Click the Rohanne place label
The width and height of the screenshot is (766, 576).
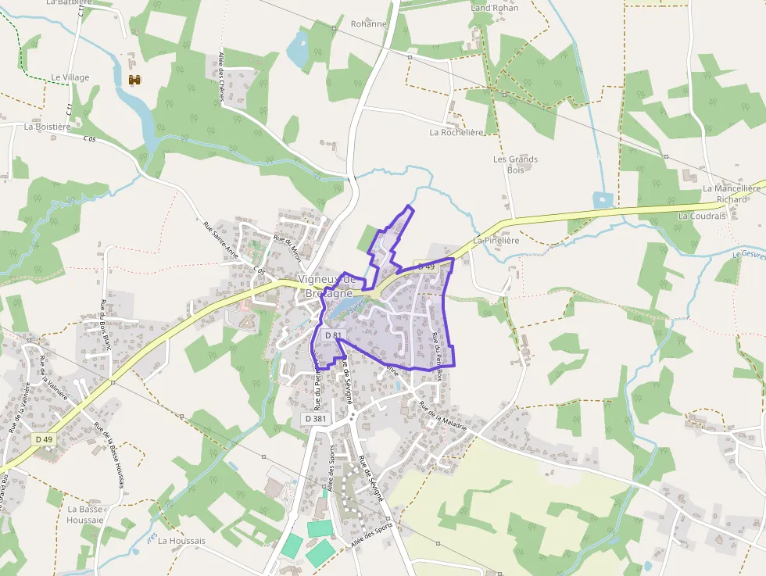368,23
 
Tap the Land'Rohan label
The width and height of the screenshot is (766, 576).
494,8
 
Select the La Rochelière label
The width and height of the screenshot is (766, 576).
456,132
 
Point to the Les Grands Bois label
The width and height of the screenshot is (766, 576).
515,164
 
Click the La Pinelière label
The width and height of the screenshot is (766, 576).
496,240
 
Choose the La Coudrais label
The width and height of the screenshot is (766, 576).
702,216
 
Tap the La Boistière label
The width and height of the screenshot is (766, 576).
48,126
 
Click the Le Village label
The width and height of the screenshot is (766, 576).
70,77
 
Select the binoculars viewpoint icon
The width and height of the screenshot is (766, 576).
134,79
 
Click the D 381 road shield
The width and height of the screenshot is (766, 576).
315,419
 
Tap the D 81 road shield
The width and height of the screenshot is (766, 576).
333,335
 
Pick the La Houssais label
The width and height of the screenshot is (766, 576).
181,540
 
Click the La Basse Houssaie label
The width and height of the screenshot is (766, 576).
85,514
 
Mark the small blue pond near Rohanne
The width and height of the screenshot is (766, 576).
297,51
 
